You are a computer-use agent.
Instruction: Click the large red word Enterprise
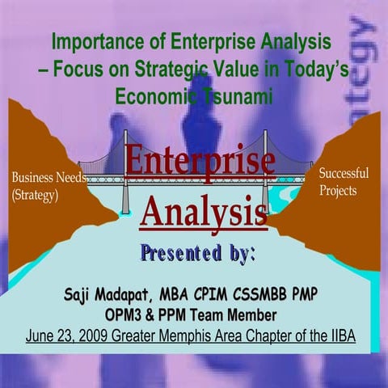point(200,159)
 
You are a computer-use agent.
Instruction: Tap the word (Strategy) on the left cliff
point(34,196)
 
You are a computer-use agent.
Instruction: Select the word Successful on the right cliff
point(344,174)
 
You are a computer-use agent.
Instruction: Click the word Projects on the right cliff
point(339,191)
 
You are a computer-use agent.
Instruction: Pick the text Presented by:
point(199,252)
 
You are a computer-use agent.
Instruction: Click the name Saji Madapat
point(113,293)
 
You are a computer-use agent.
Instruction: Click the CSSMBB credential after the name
point(259,293)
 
